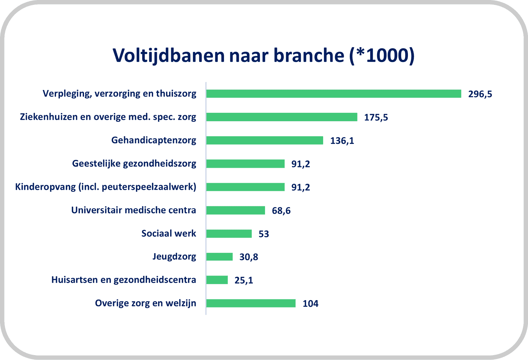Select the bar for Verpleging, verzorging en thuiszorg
pos(334,94)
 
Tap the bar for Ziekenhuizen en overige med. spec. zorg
pos(282,117)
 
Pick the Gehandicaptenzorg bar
pos(264,140)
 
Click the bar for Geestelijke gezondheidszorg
pos(245,164)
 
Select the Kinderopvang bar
pos(245,187)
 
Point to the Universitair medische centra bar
pos(236,210)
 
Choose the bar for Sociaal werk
pos(229,234)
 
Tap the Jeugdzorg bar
pos(220,257)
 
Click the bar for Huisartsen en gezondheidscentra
pos(217,280)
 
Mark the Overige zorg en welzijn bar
pos(251,303)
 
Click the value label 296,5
pos(480,94)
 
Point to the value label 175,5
pos(376,117)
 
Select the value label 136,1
pos(342,141)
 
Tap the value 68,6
pos(281,211)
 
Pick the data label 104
pos(311,304)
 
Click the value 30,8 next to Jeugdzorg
pos(249,257)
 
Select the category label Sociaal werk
pos(168,233)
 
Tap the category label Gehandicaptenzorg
pos(154,140)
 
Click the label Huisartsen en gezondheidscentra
pos(124,280)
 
